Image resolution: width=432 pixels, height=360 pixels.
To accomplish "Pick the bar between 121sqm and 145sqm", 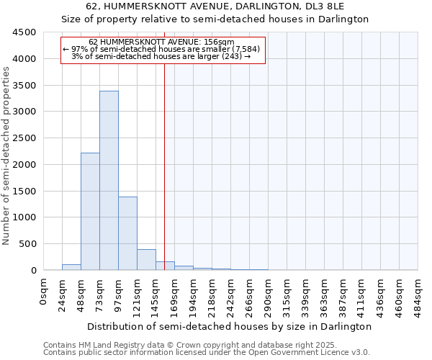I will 146,259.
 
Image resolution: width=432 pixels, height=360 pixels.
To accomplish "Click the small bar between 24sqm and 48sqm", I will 71,267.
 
